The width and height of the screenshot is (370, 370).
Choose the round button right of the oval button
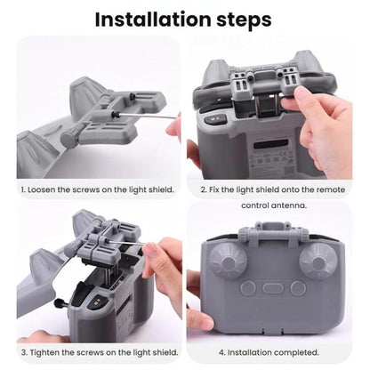299,288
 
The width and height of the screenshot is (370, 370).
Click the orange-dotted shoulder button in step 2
213,119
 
